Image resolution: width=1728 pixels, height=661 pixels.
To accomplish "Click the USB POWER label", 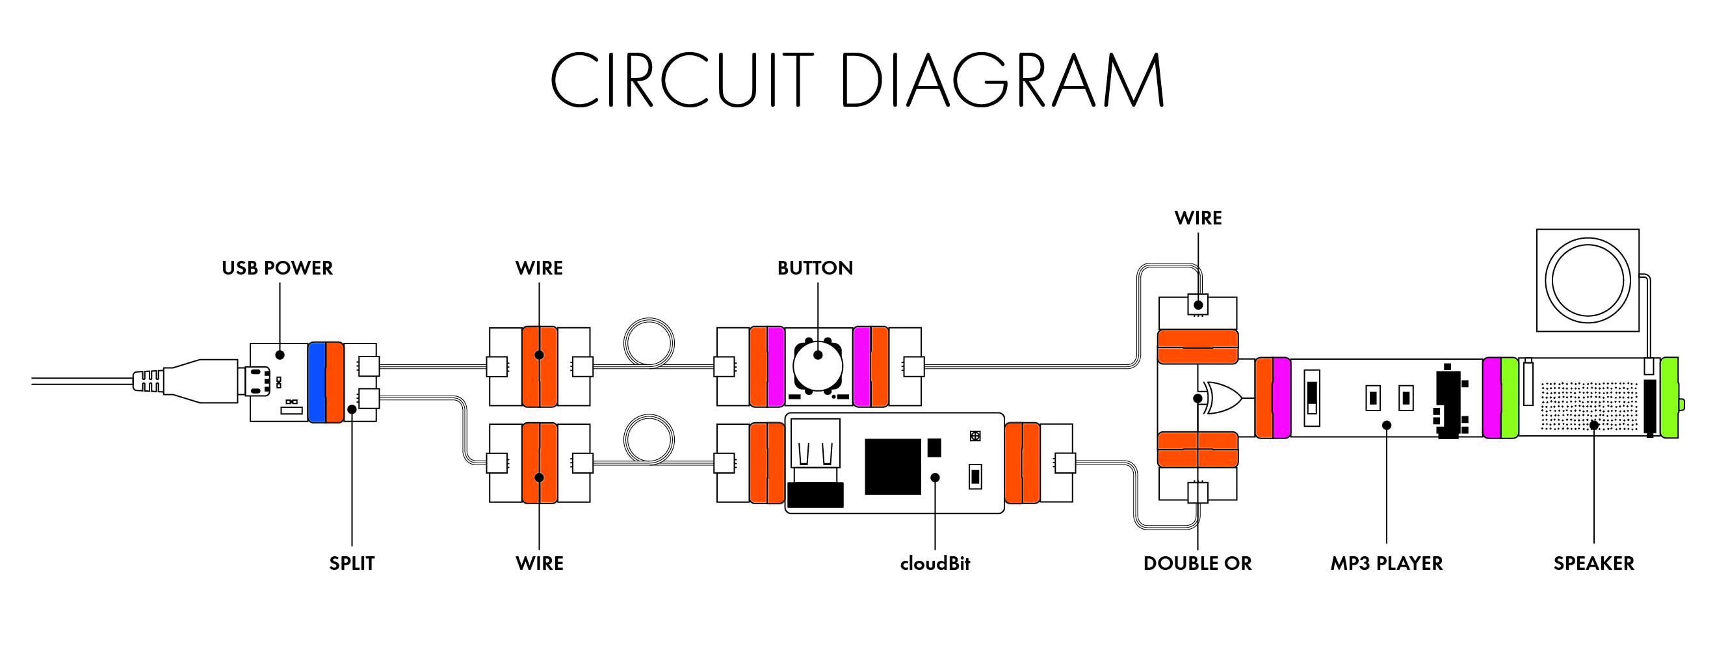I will coord(277,268).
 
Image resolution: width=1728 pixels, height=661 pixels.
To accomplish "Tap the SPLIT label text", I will coord(352,563).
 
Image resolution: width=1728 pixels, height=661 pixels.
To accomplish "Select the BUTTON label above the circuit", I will coord(815,268).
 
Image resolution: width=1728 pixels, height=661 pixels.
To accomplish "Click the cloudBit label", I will coord(934,563).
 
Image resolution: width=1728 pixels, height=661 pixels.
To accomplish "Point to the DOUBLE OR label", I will coord(1198,563).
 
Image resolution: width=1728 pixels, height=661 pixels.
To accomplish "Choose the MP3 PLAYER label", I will coord(1387,563).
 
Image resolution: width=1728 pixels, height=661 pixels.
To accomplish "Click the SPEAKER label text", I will coord(1594,563).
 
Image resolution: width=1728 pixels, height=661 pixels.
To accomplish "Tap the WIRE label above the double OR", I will coord(1198,218).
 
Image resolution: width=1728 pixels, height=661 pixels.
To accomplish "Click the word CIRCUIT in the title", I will coord(681,80).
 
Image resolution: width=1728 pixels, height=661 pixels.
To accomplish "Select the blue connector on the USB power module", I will coord(317,382).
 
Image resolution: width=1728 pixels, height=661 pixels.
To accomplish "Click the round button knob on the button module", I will coord(817,366).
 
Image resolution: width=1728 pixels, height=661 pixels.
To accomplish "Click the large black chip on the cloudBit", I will coord(892,466).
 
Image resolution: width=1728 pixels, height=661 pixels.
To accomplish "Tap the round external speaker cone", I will coord(1587,280).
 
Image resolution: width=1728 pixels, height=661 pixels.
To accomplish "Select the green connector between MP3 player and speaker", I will coord(1510,398).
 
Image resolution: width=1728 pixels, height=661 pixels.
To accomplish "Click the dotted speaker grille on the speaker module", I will coord(1588,406).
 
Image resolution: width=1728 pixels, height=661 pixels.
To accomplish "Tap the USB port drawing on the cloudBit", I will coord(815,444).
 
